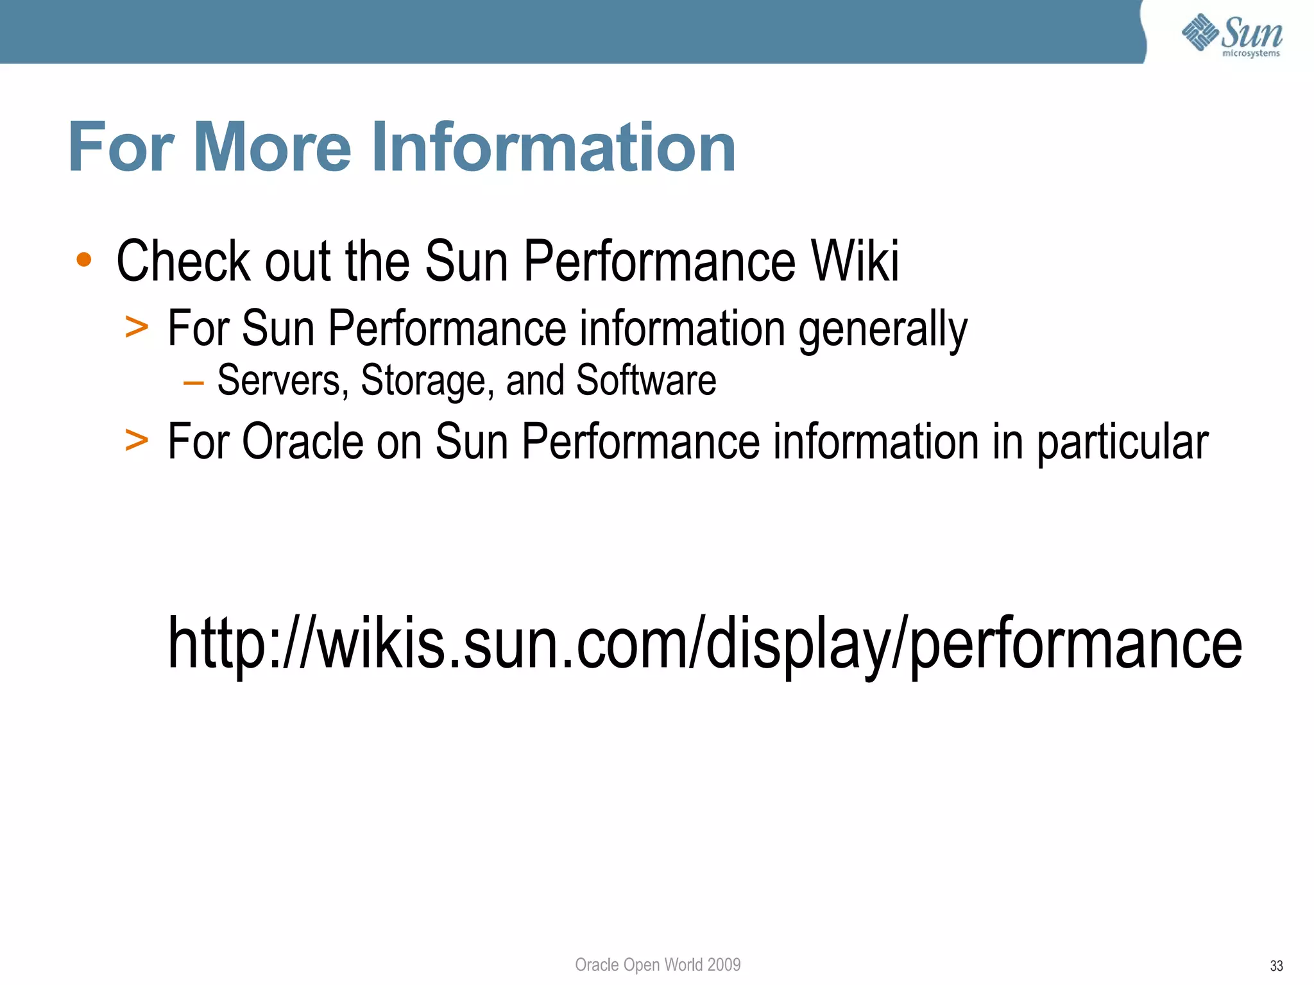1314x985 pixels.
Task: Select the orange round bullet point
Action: pos(84,260)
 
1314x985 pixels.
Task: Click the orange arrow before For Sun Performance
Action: pos(137,327)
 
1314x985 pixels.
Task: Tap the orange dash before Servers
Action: pos(193,383)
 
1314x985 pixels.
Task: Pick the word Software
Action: pos(645,380)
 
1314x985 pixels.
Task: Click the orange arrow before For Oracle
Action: pos(137,441)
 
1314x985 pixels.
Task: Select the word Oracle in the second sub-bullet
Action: pos(303,442)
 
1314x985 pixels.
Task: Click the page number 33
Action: pos(1276,966)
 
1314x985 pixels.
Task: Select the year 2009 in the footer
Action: pos(724,964)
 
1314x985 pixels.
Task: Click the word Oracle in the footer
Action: pos(597,964)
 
